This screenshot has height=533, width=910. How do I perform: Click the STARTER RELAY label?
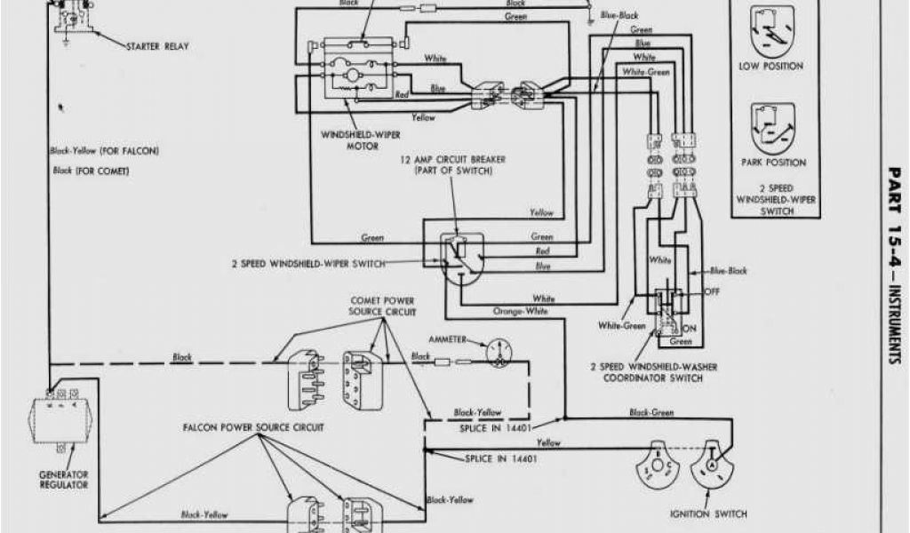(157, 45)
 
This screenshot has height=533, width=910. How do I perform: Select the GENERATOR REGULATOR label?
(63, 480)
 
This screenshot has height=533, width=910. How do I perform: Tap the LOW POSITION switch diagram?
(770, 33)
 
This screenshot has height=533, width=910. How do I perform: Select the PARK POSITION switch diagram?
(770, 129)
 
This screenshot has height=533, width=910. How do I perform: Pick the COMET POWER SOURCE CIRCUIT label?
(382, 306)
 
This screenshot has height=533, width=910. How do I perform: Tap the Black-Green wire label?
(652, 412)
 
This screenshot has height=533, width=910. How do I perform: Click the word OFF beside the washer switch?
(711, 290)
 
